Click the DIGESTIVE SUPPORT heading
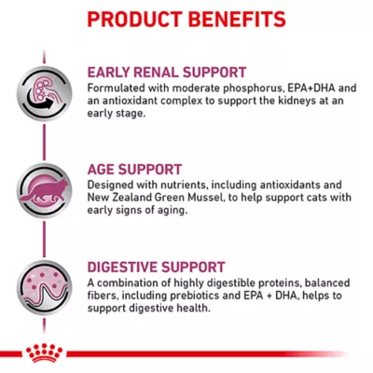tap(158, 266)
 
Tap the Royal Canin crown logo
tap(40, 352)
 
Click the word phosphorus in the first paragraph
tap(237, 88)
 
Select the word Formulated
tap(119, 88)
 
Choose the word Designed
tap(113, 185)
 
